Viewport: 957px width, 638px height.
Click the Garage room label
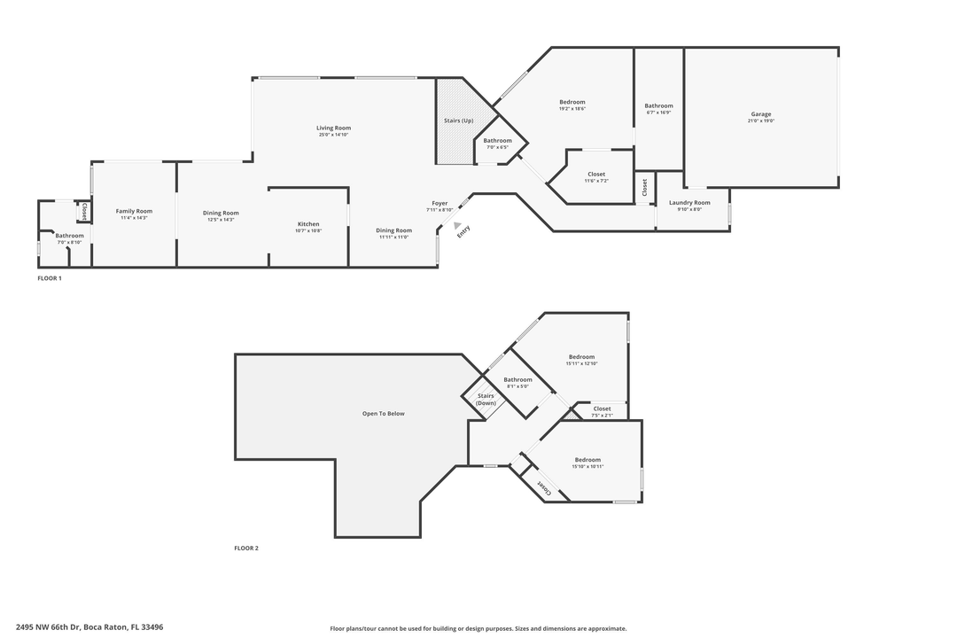(761, 113)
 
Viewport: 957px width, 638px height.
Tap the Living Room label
(334, 128)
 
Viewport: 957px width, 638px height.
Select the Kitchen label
(308, 224)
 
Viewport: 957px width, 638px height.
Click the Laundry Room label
(689, 203)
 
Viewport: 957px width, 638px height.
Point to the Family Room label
(134, 211)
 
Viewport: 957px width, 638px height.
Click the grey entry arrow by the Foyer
(457, 226)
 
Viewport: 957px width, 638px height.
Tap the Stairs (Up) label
(458, 121)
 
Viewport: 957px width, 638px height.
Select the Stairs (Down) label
(486, 400)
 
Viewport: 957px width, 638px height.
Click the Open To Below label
(383, 414)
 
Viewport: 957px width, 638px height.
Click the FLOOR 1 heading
(50, 278)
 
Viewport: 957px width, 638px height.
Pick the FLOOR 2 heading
(246, 549)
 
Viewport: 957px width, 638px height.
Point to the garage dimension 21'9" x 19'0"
(761, 121)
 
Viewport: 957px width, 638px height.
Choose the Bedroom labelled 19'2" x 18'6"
(572, 102)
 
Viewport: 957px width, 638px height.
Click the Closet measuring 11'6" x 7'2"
(596, 174)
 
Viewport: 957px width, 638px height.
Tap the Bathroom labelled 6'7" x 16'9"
(658, 105)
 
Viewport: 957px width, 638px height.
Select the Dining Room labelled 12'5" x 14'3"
(221, 213)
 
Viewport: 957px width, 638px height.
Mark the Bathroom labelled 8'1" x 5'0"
(517, 379)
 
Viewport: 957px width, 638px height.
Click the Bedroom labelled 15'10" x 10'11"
(587, 460)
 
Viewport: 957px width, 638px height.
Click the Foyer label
(440, 203)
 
